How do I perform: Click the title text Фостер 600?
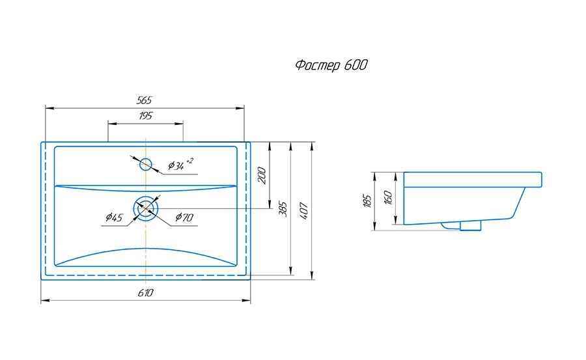[x=331, y=65]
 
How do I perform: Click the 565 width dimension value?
[x=145, y=100]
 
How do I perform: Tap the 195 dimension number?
[x=145, y=116]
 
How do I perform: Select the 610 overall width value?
[x=145, y=292]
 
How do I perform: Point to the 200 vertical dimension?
[x=262, y=175]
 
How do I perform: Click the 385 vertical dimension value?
[x=283, y=209]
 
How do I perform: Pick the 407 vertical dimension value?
[x=304, y=210]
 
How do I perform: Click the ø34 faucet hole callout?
[x=180, y=164]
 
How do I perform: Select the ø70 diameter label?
[x=184, y=217]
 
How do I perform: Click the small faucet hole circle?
[x=145, y=164]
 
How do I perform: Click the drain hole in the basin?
[x=146, y=208]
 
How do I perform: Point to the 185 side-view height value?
[x=367, y=201]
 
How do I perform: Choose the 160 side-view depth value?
[x=388, y=197]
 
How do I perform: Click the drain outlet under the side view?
[x=462, y=225]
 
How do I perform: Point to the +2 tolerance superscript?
[x=190, y=161]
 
